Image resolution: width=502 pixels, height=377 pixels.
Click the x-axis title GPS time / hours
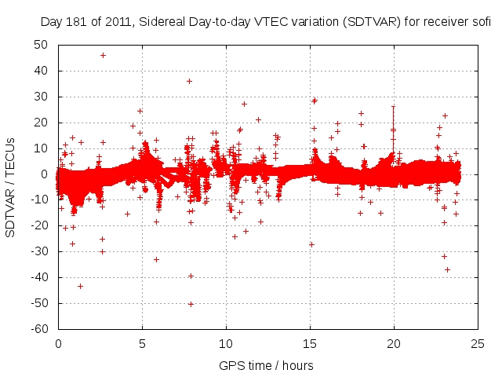pyautogui.click(x=267, y=365)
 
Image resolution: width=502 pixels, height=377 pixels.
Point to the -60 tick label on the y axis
pyautogui.click(x=39, y=329)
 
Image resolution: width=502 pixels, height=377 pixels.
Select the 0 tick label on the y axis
pyautogui.click(x=45, y=174)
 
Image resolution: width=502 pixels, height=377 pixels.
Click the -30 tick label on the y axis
pyautogui.click(x=39, y=251)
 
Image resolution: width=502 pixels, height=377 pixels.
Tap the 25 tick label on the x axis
pyautogui.click(x=478, y=343)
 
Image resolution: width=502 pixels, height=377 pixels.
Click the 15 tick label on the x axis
pyautogui.click(x=310, y=343)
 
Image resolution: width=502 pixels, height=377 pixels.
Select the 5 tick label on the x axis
pyautogui.click(x=142, y=343)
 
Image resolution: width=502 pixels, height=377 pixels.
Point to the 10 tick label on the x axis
pyautogui.click(x=226, y=343)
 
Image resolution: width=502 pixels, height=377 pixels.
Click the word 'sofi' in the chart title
pyautogui.click(x=479, y=22)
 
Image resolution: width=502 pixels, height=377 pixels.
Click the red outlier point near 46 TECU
pyautogui.click(x=103, y=55)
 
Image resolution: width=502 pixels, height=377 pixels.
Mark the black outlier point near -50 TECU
pyautogui.click(x=191, y=304)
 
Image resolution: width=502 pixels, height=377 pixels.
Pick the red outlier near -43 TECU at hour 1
pyautogui.click(x=80, y=286)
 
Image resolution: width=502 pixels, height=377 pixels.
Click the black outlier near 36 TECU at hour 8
pyautogui.click(x=189, y=81)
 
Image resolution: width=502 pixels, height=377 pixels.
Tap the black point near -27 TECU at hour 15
pyautogui.click(x=311, y=244)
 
